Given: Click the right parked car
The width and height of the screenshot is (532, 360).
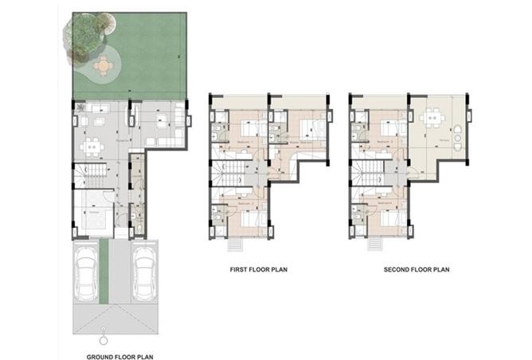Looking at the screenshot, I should click(143, 274).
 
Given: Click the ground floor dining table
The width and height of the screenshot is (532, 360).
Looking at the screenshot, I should click(94, 147).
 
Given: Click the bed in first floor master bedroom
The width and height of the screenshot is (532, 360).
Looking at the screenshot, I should click(309, 127).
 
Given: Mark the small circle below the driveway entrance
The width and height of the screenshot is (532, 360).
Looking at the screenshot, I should click(102, 327).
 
